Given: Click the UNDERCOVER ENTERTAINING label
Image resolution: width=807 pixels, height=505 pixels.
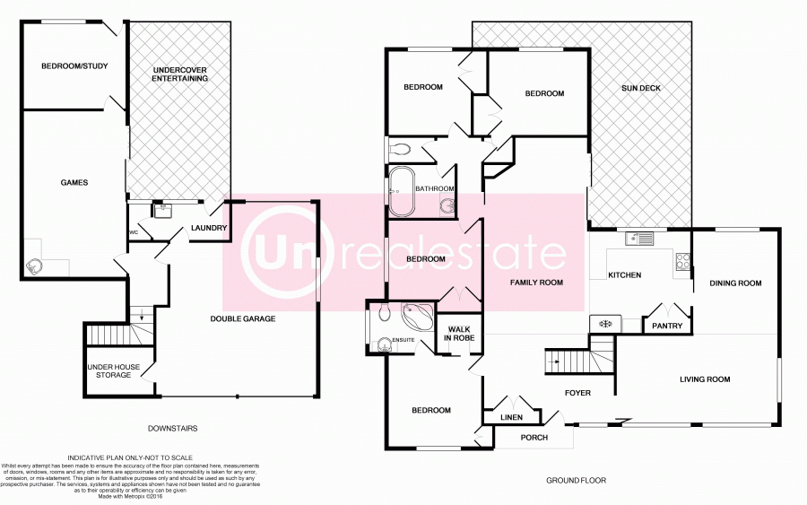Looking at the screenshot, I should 180,74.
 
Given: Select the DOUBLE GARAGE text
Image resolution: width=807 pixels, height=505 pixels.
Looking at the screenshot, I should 243,318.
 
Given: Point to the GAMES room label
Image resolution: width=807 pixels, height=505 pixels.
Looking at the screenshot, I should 74,182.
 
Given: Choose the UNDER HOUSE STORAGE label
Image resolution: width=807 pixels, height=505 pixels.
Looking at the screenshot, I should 109,370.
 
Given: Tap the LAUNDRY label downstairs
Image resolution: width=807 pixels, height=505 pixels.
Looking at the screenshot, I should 209,228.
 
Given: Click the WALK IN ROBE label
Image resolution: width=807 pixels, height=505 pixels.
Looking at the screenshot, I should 459,335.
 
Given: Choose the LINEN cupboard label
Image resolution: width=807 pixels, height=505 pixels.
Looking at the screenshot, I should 511,416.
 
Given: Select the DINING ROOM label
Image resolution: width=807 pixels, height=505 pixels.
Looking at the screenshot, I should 735,283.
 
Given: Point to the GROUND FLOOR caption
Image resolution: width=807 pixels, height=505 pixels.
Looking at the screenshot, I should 576,481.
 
